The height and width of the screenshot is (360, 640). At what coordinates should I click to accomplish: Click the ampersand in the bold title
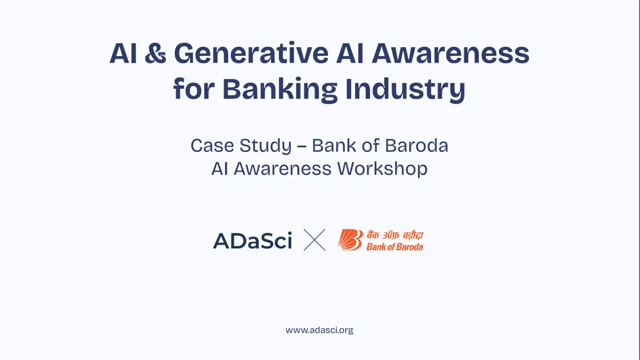click(156, 54)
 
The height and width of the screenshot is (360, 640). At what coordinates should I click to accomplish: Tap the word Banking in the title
click(280, 90)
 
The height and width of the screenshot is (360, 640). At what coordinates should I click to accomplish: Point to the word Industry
click(406, 90)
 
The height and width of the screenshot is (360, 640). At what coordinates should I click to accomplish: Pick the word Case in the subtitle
click(212, 146)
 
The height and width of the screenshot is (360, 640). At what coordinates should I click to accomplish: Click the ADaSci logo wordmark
click(252, 240)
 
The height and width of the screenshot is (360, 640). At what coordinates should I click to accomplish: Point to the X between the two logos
click(314, 240)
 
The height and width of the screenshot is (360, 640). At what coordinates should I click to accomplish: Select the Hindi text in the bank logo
click(395, 236)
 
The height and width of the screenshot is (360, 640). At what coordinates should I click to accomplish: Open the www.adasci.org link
click(320, 330)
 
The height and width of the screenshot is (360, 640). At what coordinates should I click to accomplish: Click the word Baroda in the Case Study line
click(416, 146)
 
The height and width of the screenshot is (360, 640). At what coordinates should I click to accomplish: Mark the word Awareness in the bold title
click(450, 54)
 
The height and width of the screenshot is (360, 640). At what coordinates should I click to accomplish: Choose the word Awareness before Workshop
click(282, 168)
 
